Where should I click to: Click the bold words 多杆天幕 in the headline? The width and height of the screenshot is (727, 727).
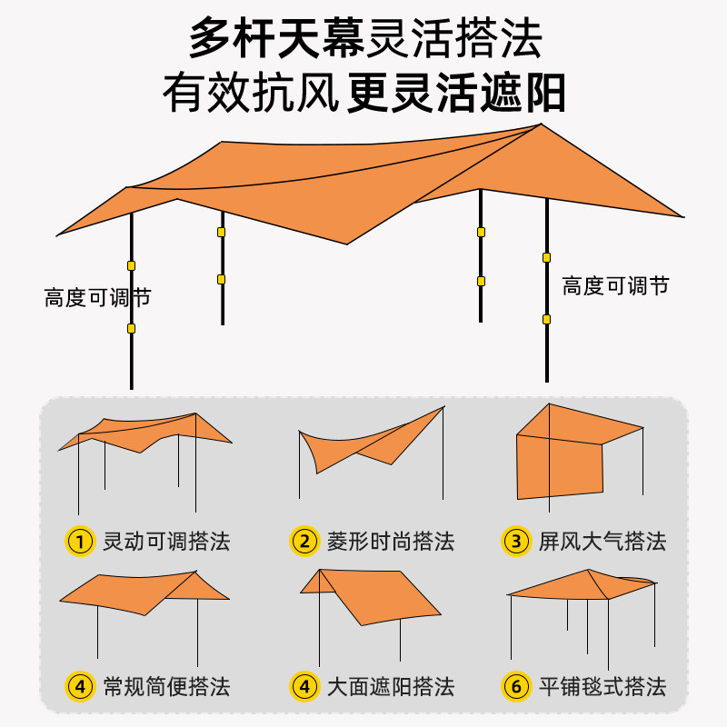point(276,38)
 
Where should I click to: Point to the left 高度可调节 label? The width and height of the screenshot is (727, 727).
point(97,297)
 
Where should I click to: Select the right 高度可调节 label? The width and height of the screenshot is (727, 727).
point(615,285)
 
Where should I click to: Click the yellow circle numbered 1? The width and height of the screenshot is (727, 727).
point(81,542)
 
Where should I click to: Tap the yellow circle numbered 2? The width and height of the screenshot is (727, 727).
point(304,542)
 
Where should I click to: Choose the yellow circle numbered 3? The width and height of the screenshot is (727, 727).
point(516,542)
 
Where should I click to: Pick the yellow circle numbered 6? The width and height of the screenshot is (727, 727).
point(516,686)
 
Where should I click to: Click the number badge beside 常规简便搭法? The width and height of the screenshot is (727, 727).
point(81,686)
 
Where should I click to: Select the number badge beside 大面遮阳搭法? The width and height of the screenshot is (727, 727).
point(304,686)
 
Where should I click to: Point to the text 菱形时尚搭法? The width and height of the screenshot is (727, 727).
point(390,543)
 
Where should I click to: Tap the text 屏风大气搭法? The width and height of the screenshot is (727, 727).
point(603,543)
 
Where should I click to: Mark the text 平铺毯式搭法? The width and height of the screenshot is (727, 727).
point(603,686)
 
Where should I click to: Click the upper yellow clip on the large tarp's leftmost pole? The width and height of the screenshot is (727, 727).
point(132,266)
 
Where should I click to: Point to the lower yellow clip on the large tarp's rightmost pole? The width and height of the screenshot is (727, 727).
point(546,319)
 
